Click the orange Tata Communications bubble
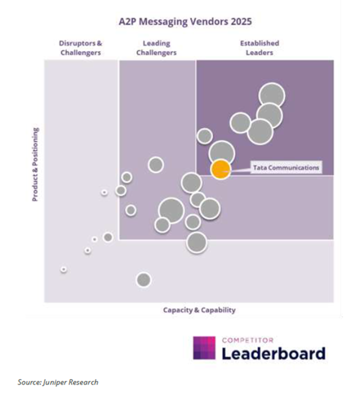click(x=220, y=169)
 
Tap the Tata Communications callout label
click(x=286, y=168)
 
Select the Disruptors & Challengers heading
click(x=80, y=48)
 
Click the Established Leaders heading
click(x=259, y=48)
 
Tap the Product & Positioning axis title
click(x=35, y=164)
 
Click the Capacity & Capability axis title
click(x=199, y=310)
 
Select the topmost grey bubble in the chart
click(x=272, y=95)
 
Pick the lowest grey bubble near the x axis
click(x=143, y=280)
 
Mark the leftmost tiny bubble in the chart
click(x=63, y=269)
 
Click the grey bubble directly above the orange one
click(x=222, y=152)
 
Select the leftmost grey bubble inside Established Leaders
click(x=204, y=136)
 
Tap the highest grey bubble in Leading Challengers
click(x=156, y=164)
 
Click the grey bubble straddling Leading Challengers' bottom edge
click(x=197, y=241)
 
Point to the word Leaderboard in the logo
click(x=273, y=353)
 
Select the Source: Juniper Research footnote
click(x=58, y=382)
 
